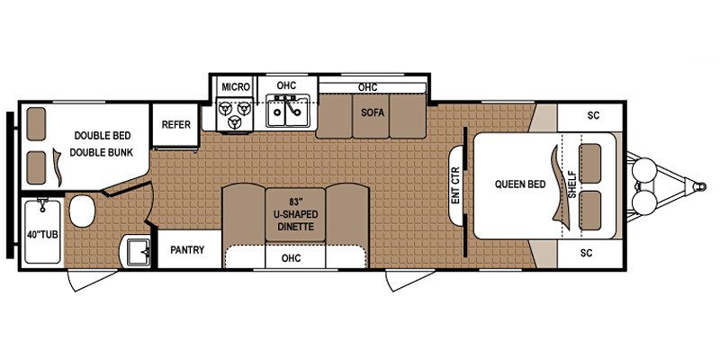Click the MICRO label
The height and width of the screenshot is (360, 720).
click(235, 86)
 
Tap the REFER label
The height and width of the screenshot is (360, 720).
click(175, 124)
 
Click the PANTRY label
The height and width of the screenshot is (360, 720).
click(187, 250)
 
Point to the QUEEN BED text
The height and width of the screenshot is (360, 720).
click(519, 184)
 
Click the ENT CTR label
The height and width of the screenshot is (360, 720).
click(455, 185)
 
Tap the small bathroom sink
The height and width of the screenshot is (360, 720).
click(138, 251)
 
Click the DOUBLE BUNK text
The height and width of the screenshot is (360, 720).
click(103, 152)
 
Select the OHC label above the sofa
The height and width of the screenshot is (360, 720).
click(366, 87)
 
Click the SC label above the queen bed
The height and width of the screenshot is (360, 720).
click(591, 115)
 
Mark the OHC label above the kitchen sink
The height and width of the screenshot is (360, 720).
click(286, 85)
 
